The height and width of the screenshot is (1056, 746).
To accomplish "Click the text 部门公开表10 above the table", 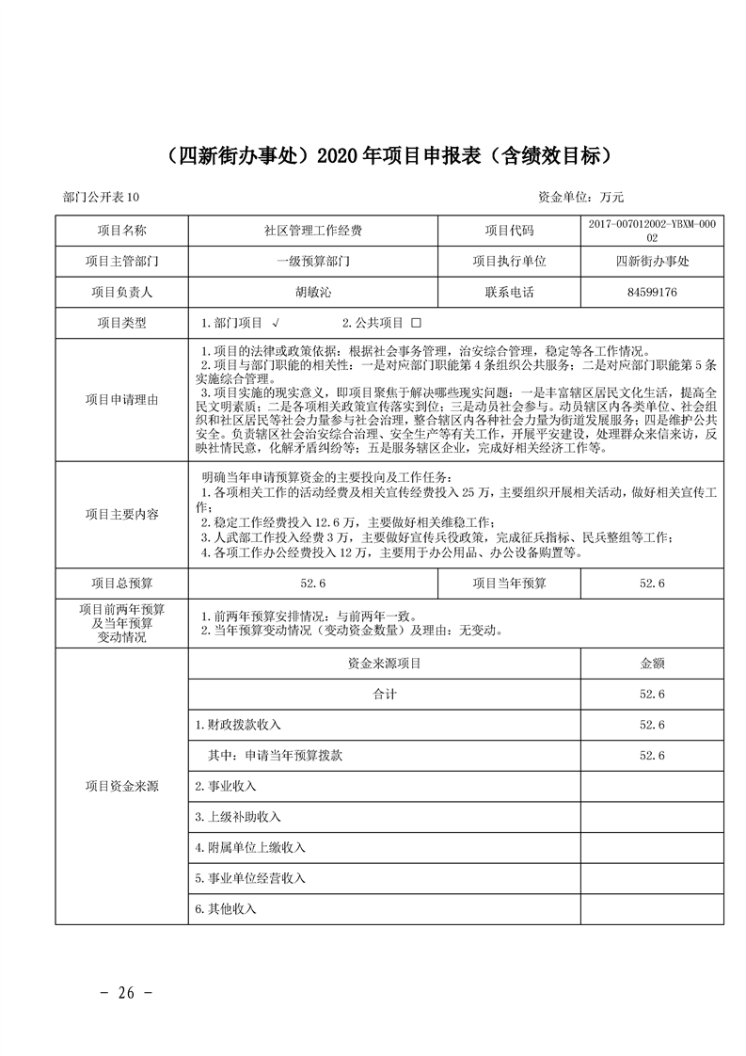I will pos(101,197).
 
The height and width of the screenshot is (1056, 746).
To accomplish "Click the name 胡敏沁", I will pos(313,293).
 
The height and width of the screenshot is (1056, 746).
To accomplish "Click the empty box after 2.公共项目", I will pos(416,323).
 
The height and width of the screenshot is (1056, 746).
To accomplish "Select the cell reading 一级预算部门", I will pos(313,262).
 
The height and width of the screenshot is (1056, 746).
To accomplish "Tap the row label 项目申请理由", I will pos(121,400).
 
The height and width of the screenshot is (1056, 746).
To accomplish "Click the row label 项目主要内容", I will pos(121,515).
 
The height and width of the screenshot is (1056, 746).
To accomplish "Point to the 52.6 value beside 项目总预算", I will pos(313,584).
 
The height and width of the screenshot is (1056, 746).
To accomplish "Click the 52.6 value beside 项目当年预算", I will pos(652,584).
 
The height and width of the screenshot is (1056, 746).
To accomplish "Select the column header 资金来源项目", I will pos(384,664).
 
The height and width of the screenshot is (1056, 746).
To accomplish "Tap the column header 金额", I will pos(652,664).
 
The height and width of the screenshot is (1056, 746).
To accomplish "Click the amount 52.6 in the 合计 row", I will pos(652,695).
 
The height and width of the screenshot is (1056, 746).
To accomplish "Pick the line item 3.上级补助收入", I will pos(238,817).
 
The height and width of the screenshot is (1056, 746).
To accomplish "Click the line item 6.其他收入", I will pos(226,909).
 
